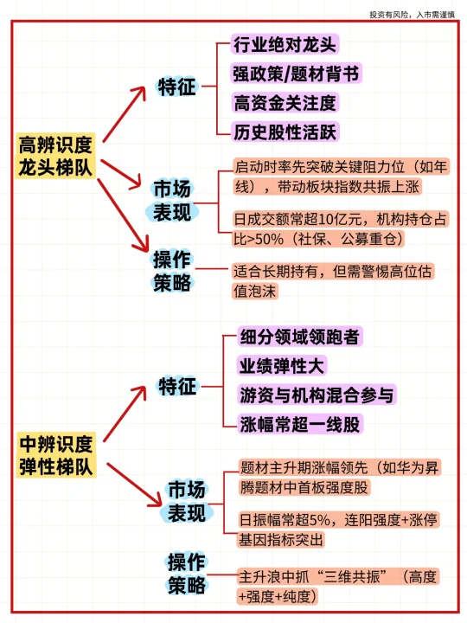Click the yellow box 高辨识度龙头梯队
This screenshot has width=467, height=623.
[x=55, y=156]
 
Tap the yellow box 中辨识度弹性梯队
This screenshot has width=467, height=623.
[x=56, y=455]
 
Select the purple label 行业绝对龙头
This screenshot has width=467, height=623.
[x=285, y=44]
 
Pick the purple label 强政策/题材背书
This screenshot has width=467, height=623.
[x=297, y=74]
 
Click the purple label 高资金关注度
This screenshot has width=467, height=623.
[x=285, y=103]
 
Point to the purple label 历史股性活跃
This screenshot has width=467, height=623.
[x=285, y=132]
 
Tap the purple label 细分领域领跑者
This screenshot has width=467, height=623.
[x=300, y=337]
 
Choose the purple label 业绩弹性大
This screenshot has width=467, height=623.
[x=282, y=365]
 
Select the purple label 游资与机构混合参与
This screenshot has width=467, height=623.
[x=317, y=395]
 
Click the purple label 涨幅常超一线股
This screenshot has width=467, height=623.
[x=300, y=424]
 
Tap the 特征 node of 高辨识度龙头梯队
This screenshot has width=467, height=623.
[x=177, y=87]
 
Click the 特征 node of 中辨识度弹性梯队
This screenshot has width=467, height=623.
[x=177, y=386]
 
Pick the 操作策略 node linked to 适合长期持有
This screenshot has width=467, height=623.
[x=172, y=272]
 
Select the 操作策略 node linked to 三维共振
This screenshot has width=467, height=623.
[x=186, y=574]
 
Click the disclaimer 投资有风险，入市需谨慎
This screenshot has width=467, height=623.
[x=413, y=15]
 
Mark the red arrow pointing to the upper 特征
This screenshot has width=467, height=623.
[x=125, y=114]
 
